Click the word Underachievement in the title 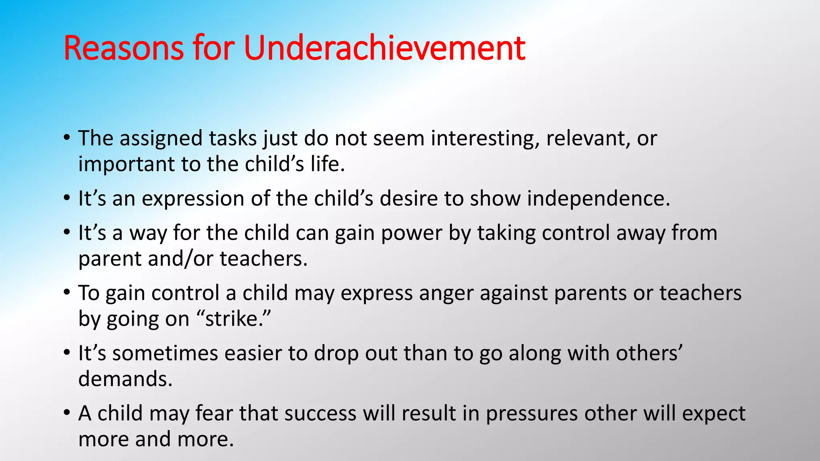click(384, 48)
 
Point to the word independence click(598, 199)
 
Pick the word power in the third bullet click(411, 233)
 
